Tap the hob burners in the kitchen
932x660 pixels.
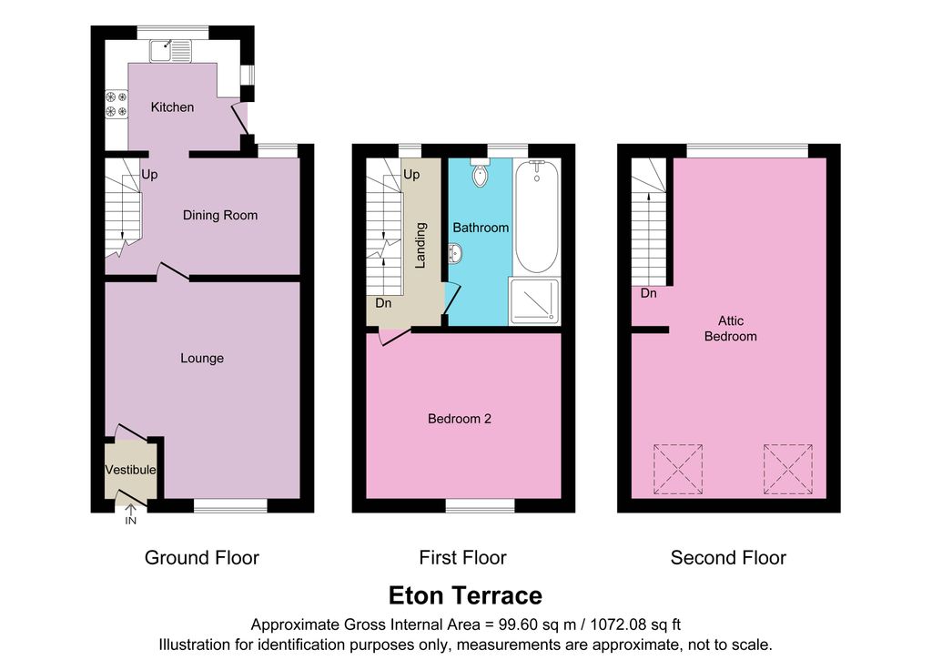(116, 103)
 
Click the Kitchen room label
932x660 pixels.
(172, 107)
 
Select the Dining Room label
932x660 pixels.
(220, 216)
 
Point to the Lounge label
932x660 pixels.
(202, 359)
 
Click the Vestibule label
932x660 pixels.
(130, 471)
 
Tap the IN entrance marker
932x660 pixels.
(130, 522)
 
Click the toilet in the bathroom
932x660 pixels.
(481, 174)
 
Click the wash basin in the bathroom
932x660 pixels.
(456, 254)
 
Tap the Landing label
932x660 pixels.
(420, 247)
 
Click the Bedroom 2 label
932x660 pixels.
(460, 420)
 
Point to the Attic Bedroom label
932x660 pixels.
(731, 329)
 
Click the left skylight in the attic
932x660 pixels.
(678, 468)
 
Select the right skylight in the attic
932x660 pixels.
(786, 468)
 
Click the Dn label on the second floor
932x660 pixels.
(649, 294)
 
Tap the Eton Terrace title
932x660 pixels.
(465, 596)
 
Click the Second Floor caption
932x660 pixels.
(728, 558)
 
